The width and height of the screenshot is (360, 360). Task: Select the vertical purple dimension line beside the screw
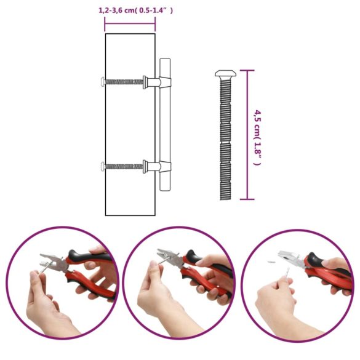[x=247, y=135]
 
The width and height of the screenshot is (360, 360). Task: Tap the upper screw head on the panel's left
[x=102, y=81]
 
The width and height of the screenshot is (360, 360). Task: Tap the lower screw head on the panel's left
[x=102, y=166]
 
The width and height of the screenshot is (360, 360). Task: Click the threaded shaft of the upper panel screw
[x=123, y=81]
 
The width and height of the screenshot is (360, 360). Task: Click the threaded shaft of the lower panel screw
[x=123, y=166]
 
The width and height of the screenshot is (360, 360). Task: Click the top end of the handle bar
[x=165, y=62]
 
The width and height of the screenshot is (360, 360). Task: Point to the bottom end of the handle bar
[x=165, y=188]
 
